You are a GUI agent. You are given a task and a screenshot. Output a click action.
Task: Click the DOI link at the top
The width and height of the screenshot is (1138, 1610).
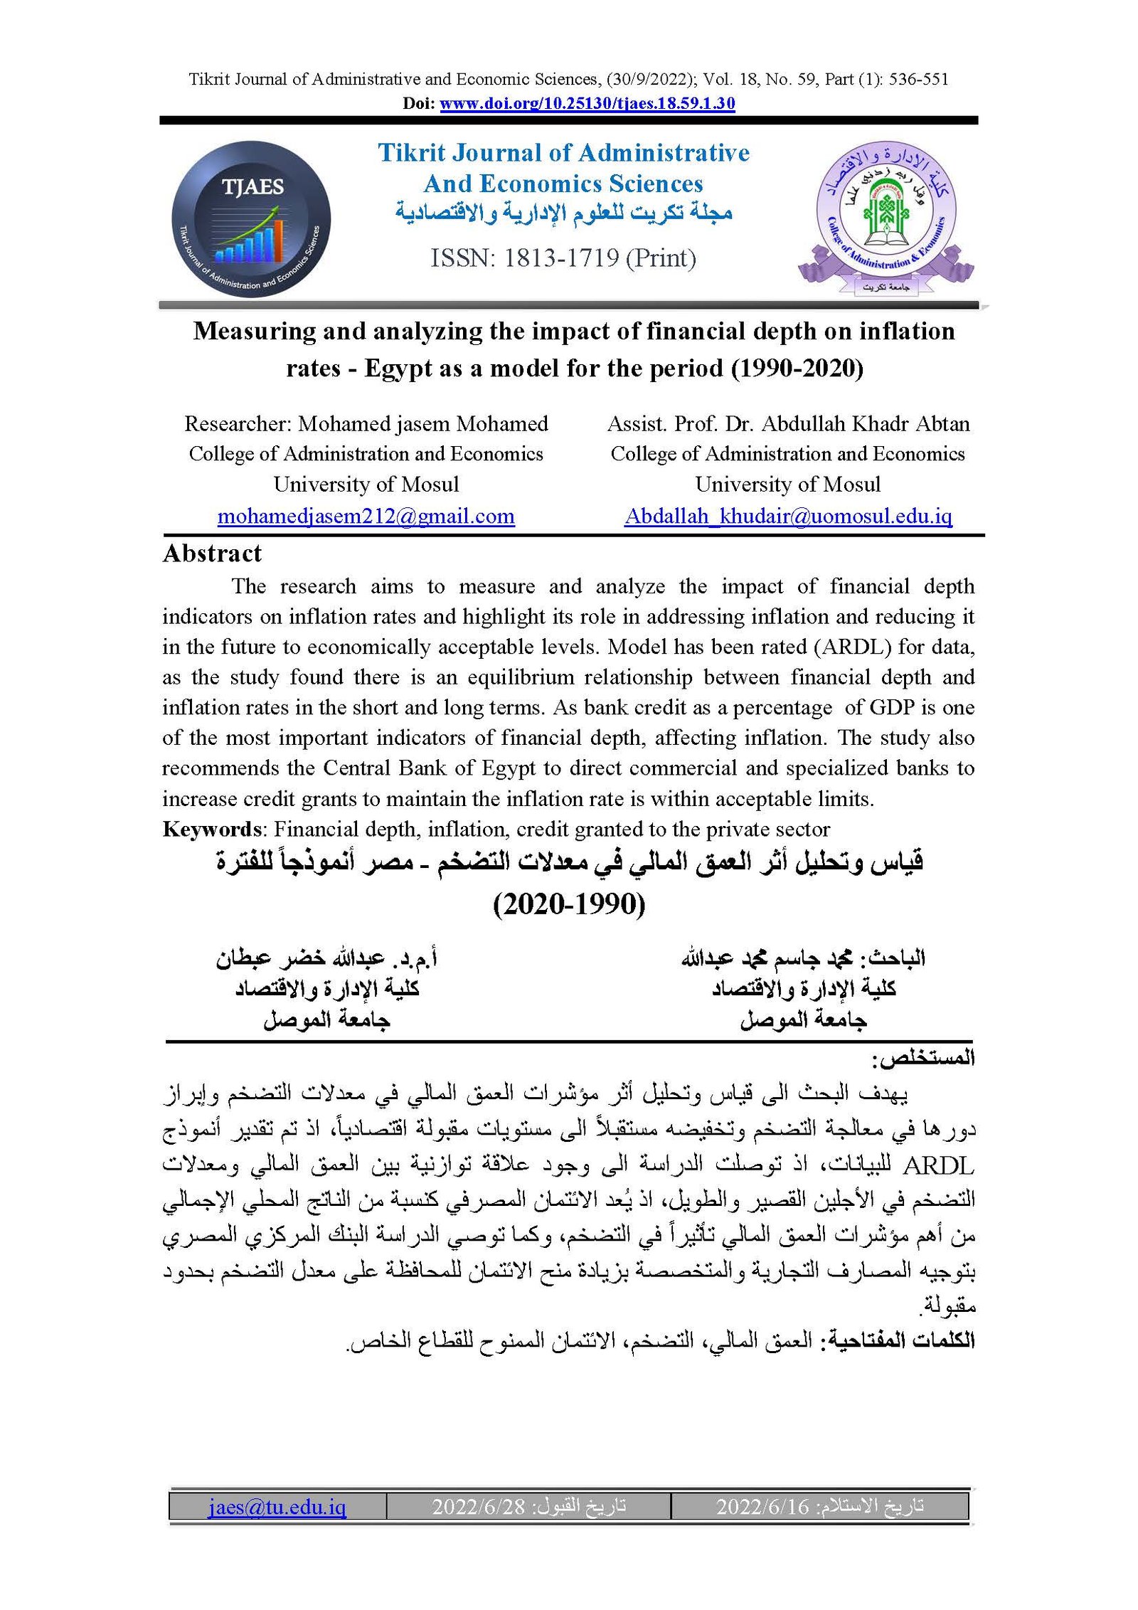click(587, 103)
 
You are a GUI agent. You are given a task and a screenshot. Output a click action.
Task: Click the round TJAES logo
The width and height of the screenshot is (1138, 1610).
click(251, 218)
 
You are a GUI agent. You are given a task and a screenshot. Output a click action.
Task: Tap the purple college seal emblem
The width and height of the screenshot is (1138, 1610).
click(886, 218)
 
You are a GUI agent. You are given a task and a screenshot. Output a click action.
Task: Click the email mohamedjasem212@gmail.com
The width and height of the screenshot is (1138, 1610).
click(366, 516)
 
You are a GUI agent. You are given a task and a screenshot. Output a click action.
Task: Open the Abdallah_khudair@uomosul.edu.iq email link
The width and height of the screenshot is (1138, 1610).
click(788, 516)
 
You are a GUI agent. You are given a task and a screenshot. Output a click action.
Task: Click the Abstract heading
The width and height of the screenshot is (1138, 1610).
click(212, 554)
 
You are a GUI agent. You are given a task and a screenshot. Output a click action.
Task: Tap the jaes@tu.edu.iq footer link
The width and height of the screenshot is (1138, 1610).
click(277, 1506)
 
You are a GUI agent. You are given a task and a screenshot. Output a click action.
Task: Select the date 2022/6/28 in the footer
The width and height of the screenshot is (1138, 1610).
click(478, 1506)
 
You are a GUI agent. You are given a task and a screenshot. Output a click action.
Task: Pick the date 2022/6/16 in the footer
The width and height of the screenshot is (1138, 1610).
click(762, 1506)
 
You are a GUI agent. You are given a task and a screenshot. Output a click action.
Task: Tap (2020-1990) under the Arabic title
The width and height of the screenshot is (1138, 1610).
click(569, 904)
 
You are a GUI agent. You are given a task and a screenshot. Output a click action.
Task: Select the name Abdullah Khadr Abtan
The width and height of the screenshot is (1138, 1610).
click(866, 424)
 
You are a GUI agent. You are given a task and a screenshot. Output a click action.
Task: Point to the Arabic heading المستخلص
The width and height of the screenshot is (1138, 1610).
click(923, 1059)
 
